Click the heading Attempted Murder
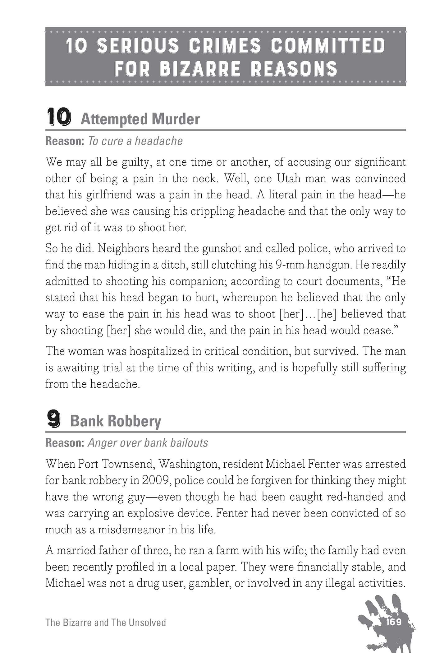(140, 119)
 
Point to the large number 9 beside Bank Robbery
(54, 420)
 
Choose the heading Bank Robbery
(116, 421)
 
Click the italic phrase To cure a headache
(135, 141)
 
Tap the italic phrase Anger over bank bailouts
(148, 443)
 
